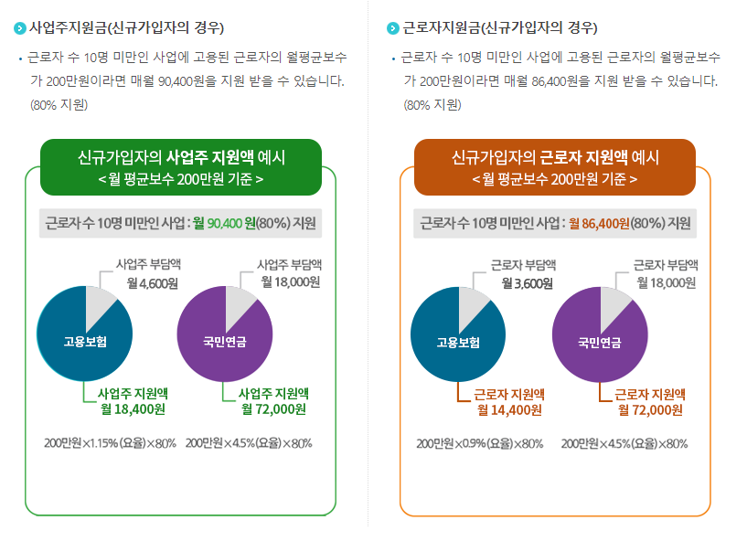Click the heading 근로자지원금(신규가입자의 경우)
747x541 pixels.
[500, 27]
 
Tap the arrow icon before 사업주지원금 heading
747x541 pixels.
[20, 27]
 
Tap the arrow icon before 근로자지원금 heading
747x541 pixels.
[393, 27]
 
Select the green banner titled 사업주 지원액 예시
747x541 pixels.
[181, 167]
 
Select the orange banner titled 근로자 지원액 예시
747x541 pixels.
[555, 167]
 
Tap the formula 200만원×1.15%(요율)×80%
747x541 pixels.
[110, 443]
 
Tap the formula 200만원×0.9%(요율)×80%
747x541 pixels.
[480, 444]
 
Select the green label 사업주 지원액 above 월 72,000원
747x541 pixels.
[273, 392]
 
